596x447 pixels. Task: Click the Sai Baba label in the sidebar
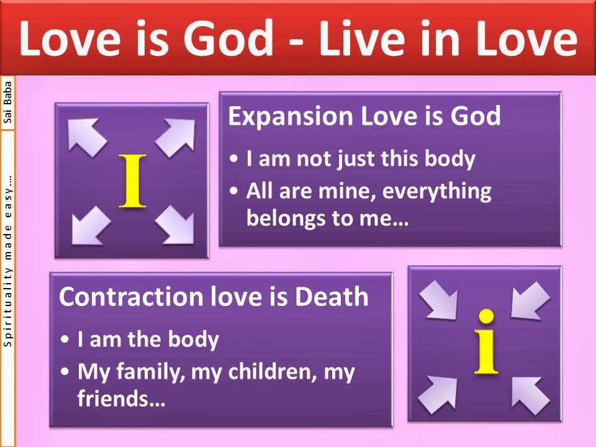[x=7, y=102]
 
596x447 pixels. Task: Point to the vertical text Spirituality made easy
[x=7, y=261]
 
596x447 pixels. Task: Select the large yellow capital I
[x=132, y=181]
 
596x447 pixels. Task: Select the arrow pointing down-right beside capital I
[x=175, y=225]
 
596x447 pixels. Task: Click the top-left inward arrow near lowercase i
[x=439, y=301]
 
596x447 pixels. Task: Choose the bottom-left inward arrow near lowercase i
[x=438, y=395]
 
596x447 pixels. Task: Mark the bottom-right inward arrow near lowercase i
[x=531, y=395]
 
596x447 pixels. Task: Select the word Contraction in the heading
[x=132, y=297]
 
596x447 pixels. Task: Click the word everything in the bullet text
[x=436, y=192]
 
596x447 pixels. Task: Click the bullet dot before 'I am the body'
[x=65, y=339]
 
